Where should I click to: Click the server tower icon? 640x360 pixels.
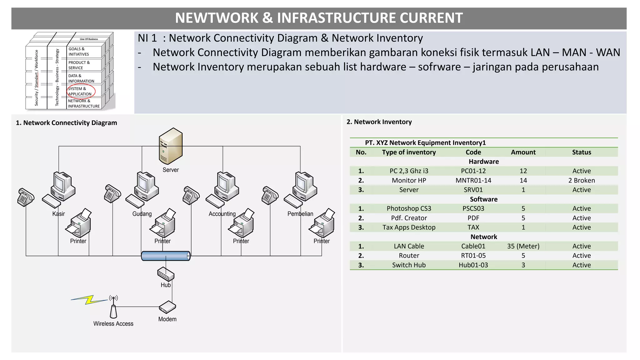[171, 146]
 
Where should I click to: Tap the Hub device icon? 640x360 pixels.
[166, 274]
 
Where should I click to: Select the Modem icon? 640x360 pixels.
[167, 307]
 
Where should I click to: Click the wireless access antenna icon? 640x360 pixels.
[113, 307]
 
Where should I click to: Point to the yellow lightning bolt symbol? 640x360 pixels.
[89, 300]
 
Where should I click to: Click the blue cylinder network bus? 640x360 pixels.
[166, 256]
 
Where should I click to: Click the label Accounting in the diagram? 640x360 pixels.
[222, 214]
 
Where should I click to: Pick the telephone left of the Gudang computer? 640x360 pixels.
[112, 193]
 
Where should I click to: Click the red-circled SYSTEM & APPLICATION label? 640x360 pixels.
[80, 91]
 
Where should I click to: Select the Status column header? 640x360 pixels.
[581, 152]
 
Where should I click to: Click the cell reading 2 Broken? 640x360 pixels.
[581, 180]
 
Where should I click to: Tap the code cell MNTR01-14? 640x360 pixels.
[473, 180]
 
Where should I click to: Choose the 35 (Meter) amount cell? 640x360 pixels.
[523, 246]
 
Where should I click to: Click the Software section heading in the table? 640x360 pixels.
[483, 199]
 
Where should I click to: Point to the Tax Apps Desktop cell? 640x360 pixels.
[409, 227]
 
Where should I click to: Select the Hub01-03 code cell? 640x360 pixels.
[473, 265]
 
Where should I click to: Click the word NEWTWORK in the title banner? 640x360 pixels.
[217, 18]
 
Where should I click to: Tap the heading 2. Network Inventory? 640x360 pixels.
[379, 122]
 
